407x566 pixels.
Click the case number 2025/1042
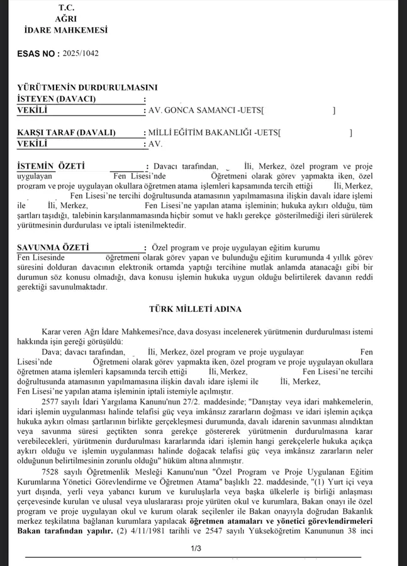tap(81, 53)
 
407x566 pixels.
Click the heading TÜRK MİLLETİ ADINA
tap(204, 309)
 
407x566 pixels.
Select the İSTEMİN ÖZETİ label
tap(50, 166)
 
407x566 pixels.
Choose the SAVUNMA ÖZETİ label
tap(53, 248)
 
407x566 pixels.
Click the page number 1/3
tap(196, 549)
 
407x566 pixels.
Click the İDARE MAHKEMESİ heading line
tap(65, 30)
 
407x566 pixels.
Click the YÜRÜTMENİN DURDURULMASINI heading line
tap(87, 88)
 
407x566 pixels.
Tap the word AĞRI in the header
tap(65, 19)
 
